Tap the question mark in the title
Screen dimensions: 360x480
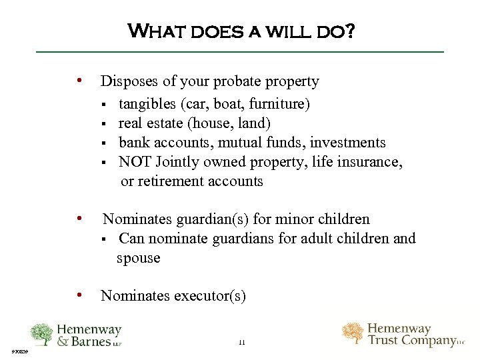tap(349, 30)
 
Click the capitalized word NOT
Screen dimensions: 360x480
tap(135, 162)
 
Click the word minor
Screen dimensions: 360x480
tap(298, 219)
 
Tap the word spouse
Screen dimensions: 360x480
tap(139, 258)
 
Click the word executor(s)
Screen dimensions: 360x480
tap(210, 296)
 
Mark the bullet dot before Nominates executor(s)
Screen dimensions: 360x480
tap(80, 295)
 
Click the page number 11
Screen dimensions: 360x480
tap(242, 343)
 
